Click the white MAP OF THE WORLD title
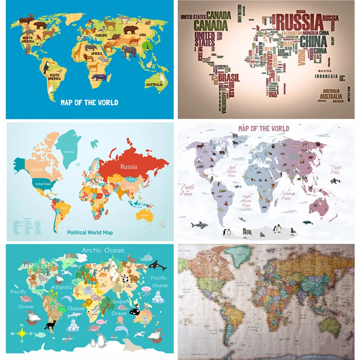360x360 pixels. pyautogui.click(x=90, y=102)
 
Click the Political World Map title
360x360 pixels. pyautogui.click(x=90, y=233)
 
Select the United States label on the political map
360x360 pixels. pyautogui.click(x=44, y=184)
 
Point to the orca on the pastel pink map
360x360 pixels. pyautogui.click(x=335, y=180)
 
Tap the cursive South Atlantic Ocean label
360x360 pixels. pyautogui.click(x=247, y=200)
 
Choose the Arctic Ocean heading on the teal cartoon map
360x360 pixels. pyautogui.click(x=103, y=250)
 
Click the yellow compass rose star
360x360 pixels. pyautogui.click(x=21, y=333)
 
